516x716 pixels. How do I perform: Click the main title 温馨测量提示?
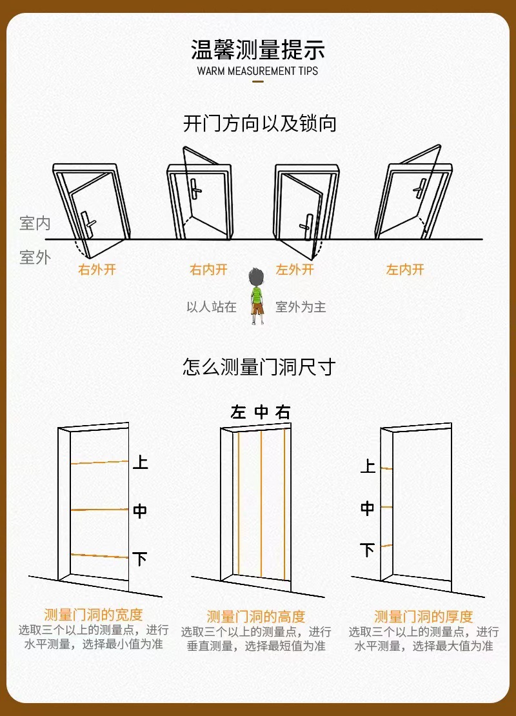pyautogui.click(x=257, y=50)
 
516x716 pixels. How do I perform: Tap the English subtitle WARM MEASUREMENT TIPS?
pyautogui.click(x=257, y=71)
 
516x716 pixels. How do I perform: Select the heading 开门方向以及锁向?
pyautogui.click(x=259, y=123)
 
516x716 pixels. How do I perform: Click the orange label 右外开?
pyautogui.click(x=97, y=270)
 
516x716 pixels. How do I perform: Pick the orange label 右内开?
pyautogui.click(x=208, y=270)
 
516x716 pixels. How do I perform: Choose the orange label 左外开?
pyautogui.click(x=295, y=270)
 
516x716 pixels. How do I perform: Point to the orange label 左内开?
pyautogui.click(x=405, y=270)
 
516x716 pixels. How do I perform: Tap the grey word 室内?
pyautogui.click(x=35, y=224)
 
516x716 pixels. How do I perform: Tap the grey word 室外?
pyautogui.click(x=35, y=258)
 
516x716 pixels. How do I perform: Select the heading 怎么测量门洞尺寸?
pyautogui.click(x=259, y=368)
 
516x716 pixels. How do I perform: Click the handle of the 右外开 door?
pyautogui.click(x=89, y=223)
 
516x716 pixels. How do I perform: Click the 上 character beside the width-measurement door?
pyautogui.click(x=140, y=462)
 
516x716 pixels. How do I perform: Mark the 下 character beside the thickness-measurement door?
pyautogui.click(x=368, y=550)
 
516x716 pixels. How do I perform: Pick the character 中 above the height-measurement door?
pyautogui.click(x=261, y=413)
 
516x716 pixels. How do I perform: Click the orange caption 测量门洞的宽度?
pyautogui.click(x=94, y=614)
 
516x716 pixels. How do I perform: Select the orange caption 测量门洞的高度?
pyautogui.click(x=256, y=617)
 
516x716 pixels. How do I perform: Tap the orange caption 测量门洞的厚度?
pyautogui.click(x=424, y=617)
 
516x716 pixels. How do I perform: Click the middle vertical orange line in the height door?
pyautogui.click(x=261, y=503)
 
